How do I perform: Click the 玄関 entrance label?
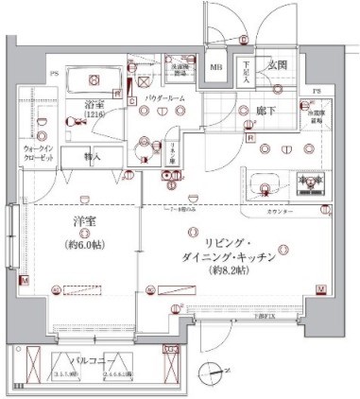point(278,65)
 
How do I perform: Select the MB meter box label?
point(216,67)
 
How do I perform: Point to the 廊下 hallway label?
point(266,110)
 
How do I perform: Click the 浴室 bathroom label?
point(94,104)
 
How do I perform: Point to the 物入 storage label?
point(93,156)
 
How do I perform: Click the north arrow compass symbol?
point(208,373)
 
